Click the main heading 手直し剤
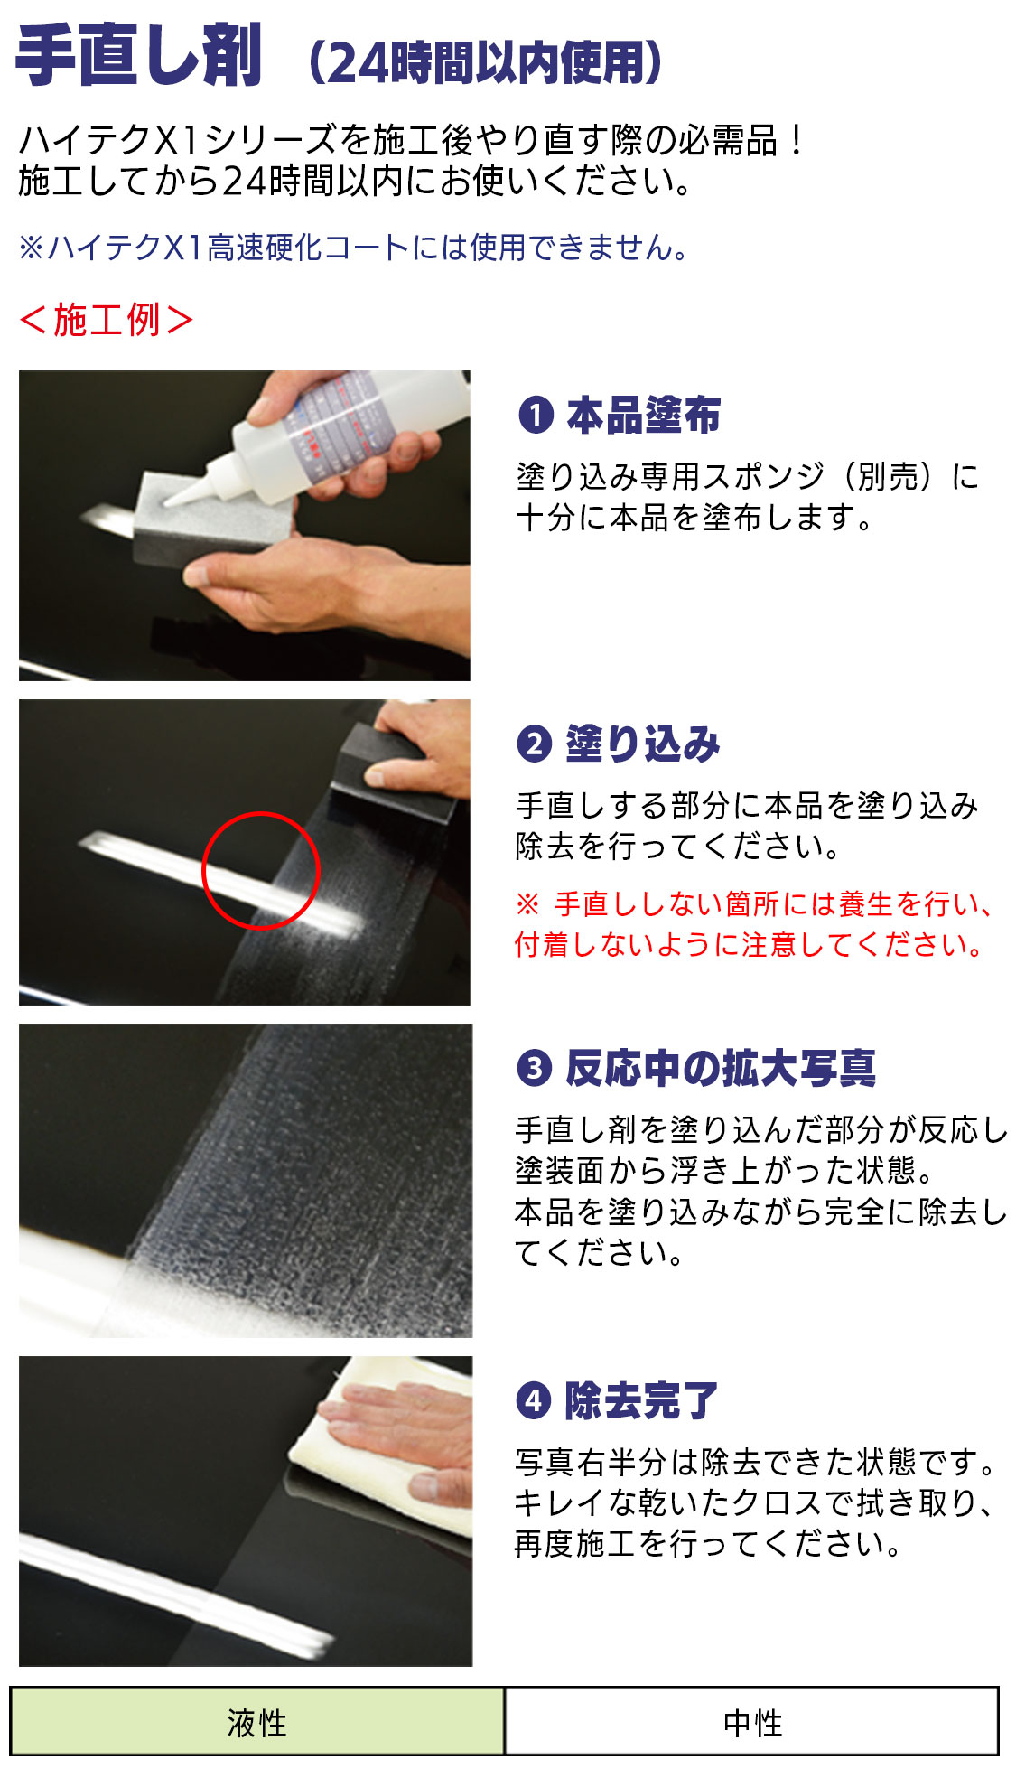(140, 56)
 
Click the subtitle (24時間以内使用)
(486, 62)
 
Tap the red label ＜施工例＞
(107, 320)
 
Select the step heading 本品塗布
(644, 415)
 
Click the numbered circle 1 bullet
(536, 416)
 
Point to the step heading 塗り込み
(643, 744)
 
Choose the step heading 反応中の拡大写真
(721, 1068)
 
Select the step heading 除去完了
(642, 1400)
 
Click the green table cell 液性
(257, 1722)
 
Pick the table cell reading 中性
(752, 1722)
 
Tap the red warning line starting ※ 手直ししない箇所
(755, 903)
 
